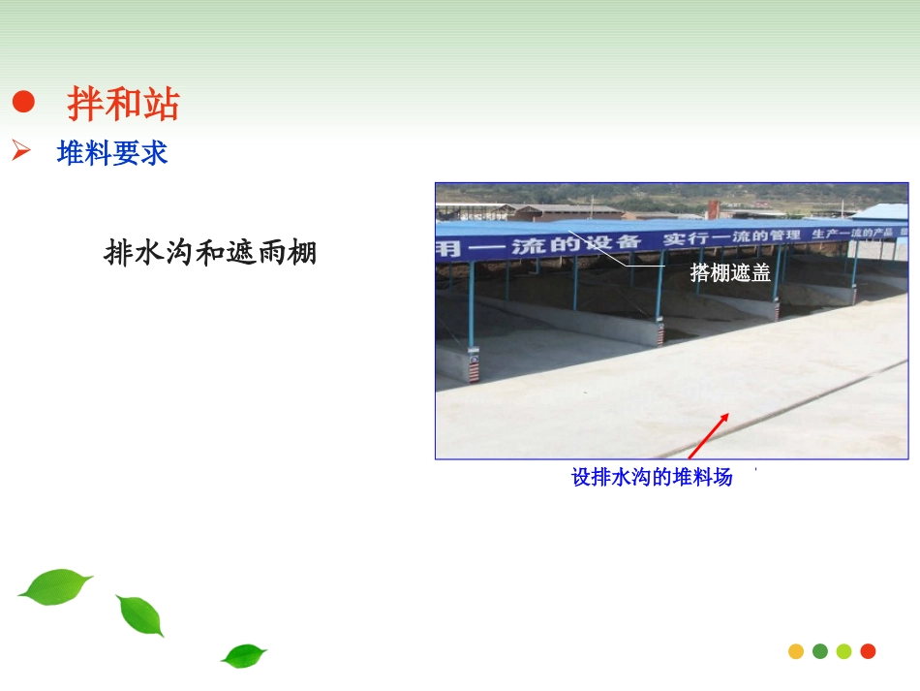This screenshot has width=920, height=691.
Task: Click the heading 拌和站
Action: coord(123,104)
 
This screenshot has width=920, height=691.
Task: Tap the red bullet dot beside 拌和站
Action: coord(24,103)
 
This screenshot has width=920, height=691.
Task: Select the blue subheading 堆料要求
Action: coord(112,153)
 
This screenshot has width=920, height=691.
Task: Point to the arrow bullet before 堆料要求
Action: coord(22,152)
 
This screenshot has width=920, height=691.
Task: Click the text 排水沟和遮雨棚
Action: coord(210,254)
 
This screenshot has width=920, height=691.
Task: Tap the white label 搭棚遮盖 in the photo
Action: coord(730,273)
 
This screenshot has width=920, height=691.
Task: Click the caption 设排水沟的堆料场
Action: coord(652,477)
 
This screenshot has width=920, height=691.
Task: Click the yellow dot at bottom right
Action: coord(796,651)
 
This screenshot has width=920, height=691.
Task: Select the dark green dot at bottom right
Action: coord(820,651)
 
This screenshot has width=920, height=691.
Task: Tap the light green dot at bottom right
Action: coord(843,651)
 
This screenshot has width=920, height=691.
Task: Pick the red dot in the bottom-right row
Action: coord(868,651)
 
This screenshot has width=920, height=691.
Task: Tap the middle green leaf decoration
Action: coord(140,615)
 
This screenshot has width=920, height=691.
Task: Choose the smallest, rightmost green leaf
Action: coord(243,655)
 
